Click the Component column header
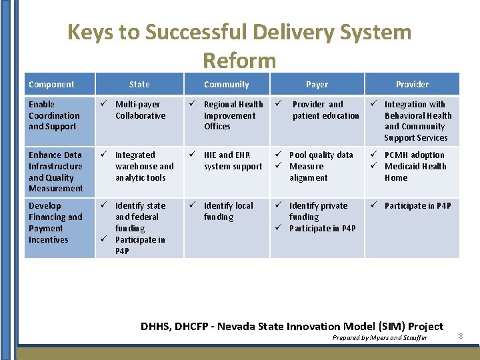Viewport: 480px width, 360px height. coord(51,85)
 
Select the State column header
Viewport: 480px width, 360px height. coord(139,85)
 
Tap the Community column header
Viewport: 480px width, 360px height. coord(227,85)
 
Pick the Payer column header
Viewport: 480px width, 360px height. coord(317,85)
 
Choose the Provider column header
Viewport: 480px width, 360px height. coord(412,85)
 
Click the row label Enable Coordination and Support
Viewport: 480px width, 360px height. coord(54,115)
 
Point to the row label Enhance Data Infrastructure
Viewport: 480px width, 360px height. coord(56,171)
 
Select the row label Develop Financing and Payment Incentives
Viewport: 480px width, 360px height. coord(55,223)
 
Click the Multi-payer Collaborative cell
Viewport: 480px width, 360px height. coord(140,110)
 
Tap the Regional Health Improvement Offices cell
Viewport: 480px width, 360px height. coord(233,115)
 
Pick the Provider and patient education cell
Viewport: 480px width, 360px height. coord(325,110)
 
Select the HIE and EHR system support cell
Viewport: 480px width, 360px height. coord(233,161)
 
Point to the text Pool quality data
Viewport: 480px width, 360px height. coord(321,155)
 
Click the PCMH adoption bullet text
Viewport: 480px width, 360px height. coord(414,155)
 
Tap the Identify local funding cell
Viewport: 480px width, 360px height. coord(228,211)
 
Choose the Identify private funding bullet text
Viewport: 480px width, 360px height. coord(318,211)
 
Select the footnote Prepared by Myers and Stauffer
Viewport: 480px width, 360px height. coord(380,338)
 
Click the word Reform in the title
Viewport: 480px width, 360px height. coord(239,61)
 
